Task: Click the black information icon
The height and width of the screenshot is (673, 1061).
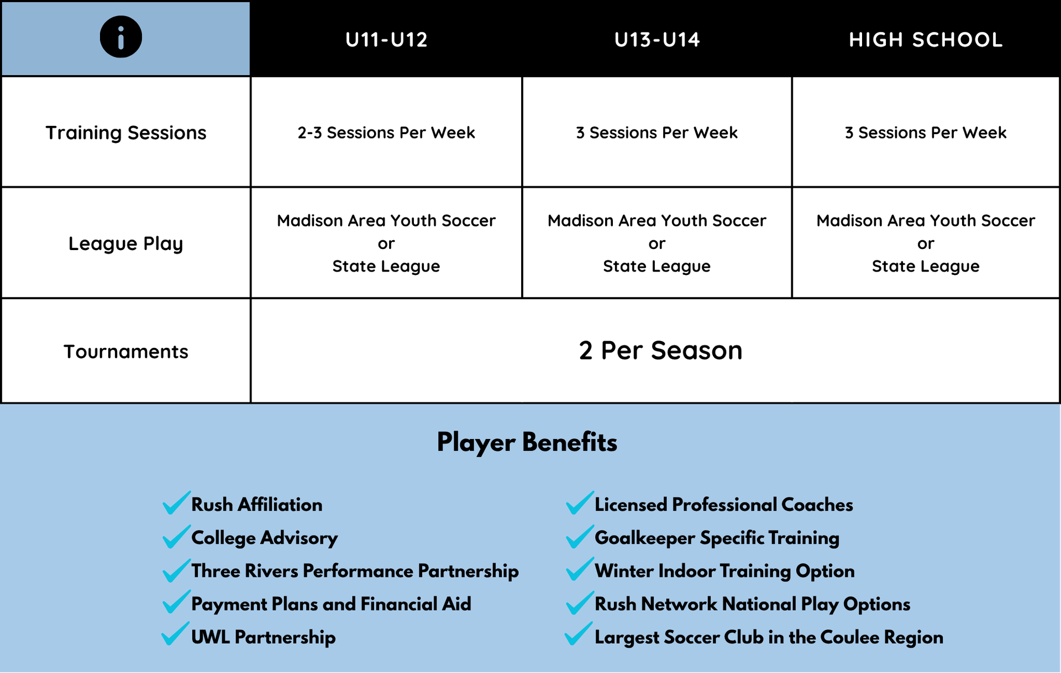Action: [x=120, y=37]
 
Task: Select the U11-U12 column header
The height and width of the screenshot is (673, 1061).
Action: [x=386, y=40]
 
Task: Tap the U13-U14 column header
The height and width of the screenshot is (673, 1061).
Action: [x=657, y=40]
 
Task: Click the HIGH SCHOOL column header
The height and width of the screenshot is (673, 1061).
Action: [x=926, y=40]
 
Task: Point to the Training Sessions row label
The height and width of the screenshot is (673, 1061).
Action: [x=126, y=133]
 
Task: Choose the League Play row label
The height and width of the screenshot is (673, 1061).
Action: [x=126, y=243]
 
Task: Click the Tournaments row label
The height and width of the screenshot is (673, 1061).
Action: [x=126, y=352]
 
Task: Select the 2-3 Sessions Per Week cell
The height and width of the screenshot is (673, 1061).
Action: [x=386, y=133]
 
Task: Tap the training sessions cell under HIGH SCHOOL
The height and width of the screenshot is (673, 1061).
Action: [x=926, y=133]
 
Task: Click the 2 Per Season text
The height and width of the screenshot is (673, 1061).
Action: [x=660, y=351]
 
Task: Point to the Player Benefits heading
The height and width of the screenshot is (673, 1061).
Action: [x=527, y=442]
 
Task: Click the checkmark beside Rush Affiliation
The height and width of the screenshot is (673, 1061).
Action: [x=176, y=502]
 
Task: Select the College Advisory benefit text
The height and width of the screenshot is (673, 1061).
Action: [x=265, y=538]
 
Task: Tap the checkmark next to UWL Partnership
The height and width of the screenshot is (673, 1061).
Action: [x=175, y=634]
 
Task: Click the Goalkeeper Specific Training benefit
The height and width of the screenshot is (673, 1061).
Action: [x=717, y=538]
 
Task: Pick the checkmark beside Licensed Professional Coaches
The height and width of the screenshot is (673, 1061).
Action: [x=580, y=502]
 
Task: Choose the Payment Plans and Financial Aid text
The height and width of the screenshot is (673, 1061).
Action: [x=331, y=604]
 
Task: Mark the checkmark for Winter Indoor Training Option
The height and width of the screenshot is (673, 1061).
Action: [x=580, y=569]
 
